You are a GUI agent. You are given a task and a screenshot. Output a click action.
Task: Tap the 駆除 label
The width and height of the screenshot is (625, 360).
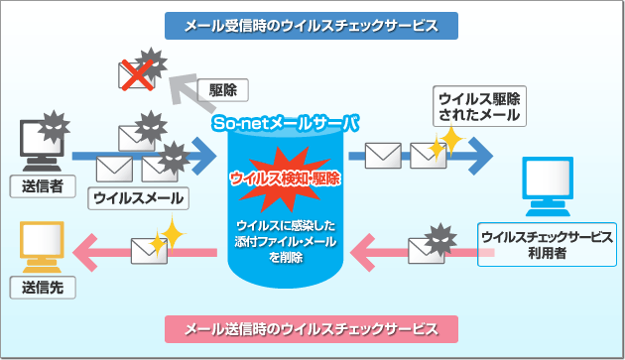[x=223, y=89]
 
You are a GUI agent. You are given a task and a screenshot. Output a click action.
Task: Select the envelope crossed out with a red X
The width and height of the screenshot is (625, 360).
[x=137, y=73]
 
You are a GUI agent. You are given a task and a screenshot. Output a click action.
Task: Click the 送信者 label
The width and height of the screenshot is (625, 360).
[x=42, y=184]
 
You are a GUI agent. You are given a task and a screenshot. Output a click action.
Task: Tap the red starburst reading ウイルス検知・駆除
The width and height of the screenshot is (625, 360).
[x=285, y=179]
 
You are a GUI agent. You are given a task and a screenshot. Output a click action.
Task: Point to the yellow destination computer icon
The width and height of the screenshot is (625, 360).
[x=41, y=247]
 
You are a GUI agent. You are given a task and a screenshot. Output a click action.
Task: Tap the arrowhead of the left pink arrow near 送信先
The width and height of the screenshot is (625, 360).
[x=88, y=254]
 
